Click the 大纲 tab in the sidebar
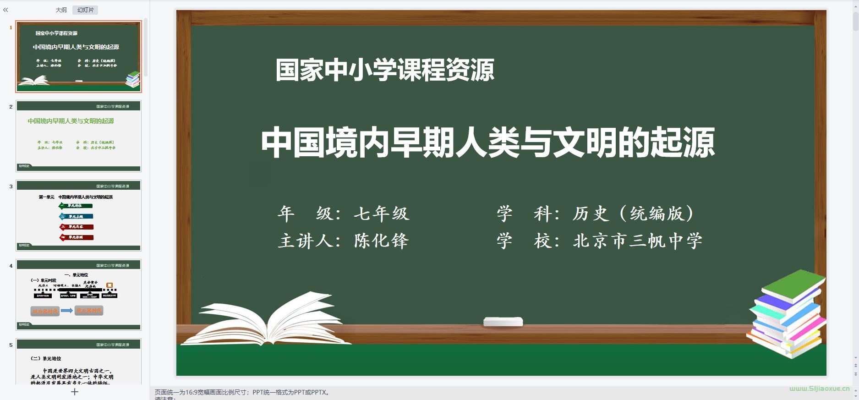click(x=61, y=10)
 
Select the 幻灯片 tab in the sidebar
click(x=85, y=10)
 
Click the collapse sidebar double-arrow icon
click(x=5, y=10)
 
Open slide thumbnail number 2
click(x=78, y=136)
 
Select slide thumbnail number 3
click(x=78, y=215)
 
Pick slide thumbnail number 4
click(x=78, y=295)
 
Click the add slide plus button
click(x=75, y=392)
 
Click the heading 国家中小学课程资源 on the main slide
click(x=384, y=71)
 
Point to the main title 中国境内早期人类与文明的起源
click(x=487, y=143)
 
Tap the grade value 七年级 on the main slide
click(x=381, y=214)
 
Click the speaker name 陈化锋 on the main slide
click(x=381, y=241)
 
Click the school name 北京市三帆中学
click(x=637, y=241)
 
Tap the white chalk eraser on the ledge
click(x=503, y=322)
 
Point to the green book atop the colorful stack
click(x=793, y=285)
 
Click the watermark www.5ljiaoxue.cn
click(x=819, y=389)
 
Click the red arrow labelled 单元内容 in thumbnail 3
click(x=77, y=227)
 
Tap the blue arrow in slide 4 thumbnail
click(x=67, y=311)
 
